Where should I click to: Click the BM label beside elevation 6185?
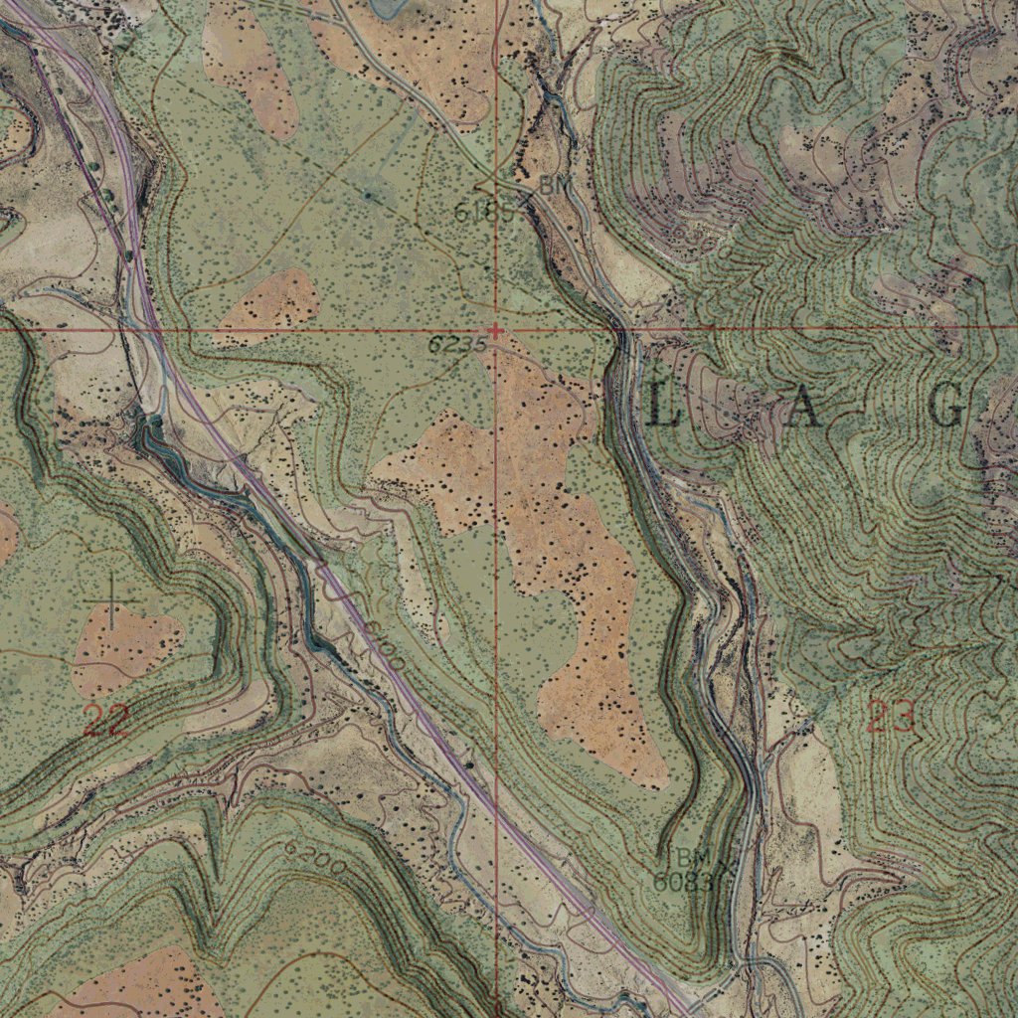552,185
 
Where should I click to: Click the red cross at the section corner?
496,329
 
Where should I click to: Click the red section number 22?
105,720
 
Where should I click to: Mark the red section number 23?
890,716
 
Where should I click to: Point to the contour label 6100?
384,644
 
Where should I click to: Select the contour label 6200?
314,859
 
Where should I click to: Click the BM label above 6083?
693,857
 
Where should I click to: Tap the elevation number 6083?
683,880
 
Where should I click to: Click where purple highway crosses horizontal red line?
154,328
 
